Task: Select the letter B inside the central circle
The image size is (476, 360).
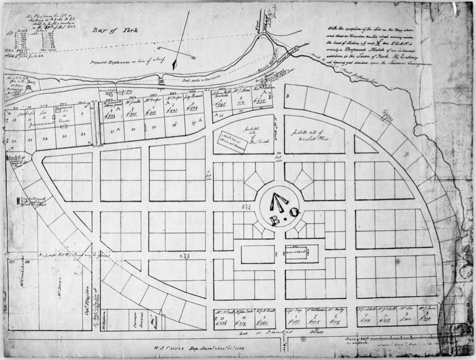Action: click(x=274, y=219)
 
